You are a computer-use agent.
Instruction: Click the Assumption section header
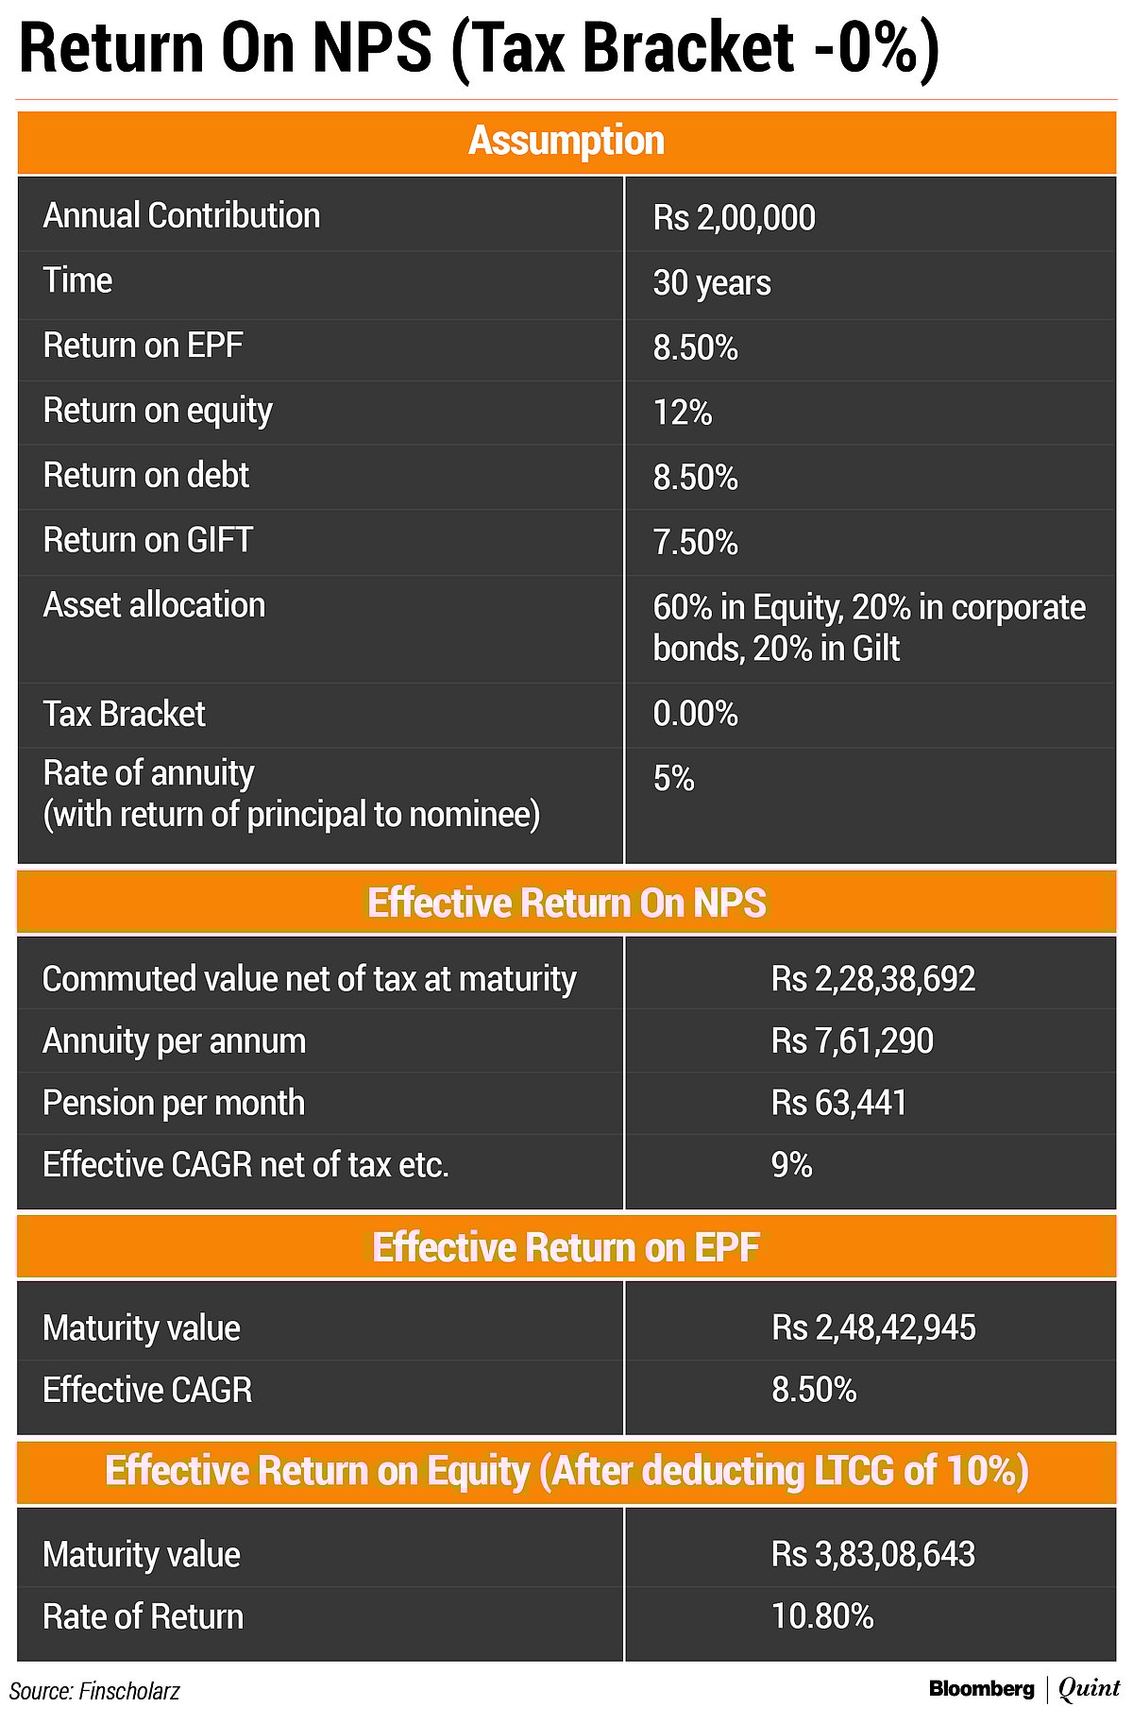tap(566, 142)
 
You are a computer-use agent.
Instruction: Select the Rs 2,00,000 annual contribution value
tap(734, 218)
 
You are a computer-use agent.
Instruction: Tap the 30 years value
tap(712, 283)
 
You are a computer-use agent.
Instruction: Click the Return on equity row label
tap(158, 411)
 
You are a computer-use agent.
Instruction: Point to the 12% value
tap(682, 413)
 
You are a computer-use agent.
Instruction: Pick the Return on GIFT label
tap(148, 540)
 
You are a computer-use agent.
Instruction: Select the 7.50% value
tap(695, 543)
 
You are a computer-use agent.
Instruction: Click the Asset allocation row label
tap(154, 605)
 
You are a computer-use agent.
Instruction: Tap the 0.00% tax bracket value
tap(695, 713)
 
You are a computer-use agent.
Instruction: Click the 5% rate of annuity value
tap(673, 779)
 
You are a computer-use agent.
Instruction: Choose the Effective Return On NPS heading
tap(566, 904)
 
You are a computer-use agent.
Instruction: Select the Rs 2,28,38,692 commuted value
tap(872, 979)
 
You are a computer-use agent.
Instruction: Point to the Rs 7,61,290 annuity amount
tap(852, 1041)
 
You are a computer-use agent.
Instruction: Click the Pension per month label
tap(174, 1103)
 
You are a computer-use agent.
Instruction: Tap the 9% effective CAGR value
tap(791, 1165)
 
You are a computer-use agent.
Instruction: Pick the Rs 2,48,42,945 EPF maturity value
tap(873, 1328)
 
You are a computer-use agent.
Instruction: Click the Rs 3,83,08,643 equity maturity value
tap(872, 1555)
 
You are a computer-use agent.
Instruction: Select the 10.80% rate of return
tap(822, 1617)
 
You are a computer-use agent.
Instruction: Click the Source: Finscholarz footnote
tap(94, 1691)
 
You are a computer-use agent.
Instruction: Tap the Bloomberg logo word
tap(981, 1689)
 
